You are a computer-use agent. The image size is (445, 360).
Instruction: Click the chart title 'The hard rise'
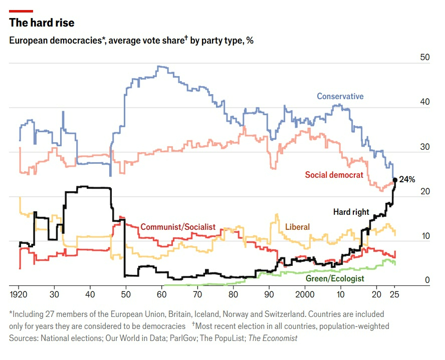(x=42, y=23)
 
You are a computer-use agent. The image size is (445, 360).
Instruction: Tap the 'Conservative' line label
(x=340, y=96)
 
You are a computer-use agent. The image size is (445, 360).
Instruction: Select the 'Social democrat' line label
(x=334, y=175)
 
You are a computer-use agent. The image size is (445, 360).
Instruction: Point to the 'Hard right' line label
(x=351, y=212)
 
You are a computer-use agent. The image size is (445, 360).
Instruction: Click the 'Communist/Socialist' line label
(x=178, y=227)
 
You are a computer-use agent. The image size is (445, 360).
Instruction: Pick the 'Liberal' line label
(x=297, y=227)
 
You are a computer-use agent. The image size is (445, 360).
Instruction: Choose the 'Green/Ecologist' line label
(x=335, y=278)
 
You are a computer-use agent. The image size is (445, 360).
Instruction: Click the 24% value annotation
(x=407, y=179)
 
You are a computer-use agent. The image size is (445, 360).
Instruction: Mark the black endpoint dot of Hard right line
(x=395, y=180)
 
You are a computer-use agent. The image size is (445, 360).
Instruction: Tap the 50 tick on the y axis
(x=425, y=58)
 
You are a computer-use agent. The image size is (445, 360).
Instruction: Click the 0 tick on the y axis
(x=427, y=280)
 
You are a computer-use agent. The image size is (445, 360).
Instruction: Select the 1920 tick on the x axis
(x=19, y=293)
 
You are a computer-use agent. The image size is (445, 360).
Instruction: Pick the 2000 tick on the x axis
(x=305, y=293)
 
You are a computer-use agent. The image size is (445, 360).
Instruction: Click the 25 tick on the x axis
(x=395, y=293)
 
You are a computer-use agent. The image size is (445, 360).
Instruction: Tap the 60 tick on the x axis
(x=162, y=293)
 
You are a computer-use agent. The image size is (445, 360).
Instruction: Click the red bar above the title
(x=21, y=11)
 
